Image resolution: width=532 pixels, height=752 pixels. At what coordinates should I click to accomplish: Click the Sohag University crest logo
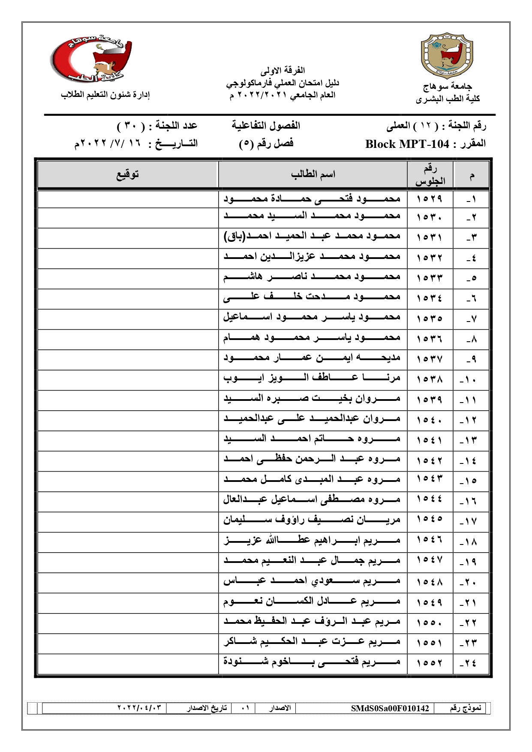click(x=447, y=55)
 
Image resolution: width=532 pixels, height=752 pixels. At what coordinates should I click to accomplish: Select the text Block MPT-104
click(x=407, y=144)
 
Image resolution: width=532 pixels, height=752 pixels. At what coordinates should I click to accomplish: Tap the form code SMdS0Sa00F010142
click(x=390, y=708)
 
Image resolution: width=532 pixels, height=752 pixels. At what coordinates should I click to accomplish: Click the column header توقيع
click(x=128, y=174)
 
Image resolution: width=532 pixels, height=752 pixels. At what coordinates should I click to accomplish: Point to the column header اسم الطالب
click(x=313, y=174)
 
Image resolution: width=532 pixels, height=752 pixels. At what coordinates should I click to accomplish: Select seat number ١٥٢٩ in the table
click(x=430, y=199)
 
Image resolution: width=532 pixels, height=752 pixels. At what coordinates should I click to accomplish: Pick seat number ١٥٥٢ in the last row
click(x=430, y=663)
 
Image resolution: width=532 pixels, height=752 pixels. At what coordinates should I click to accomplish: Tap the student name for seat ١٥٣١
click(x=312, y=236)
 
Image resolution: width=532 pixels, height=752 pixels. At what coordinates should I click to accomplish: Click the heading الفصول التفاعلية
click(x=266, y=126)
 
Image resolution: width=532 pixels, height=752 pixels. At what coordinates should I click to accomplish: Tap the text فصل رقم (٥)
click(x=266, y=144)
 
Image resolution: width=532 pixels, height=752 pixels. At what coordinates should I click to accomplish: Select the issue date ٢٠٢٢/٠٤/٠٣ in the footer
click(x=139, y=707)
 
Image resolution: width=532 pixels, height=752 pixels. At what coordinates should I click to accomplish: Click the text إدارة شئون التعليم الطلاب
click(x=105, y=95)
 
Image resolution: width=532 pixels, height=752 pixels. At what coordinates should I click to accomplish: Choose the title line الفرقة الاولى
click(x=283, y=70)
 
